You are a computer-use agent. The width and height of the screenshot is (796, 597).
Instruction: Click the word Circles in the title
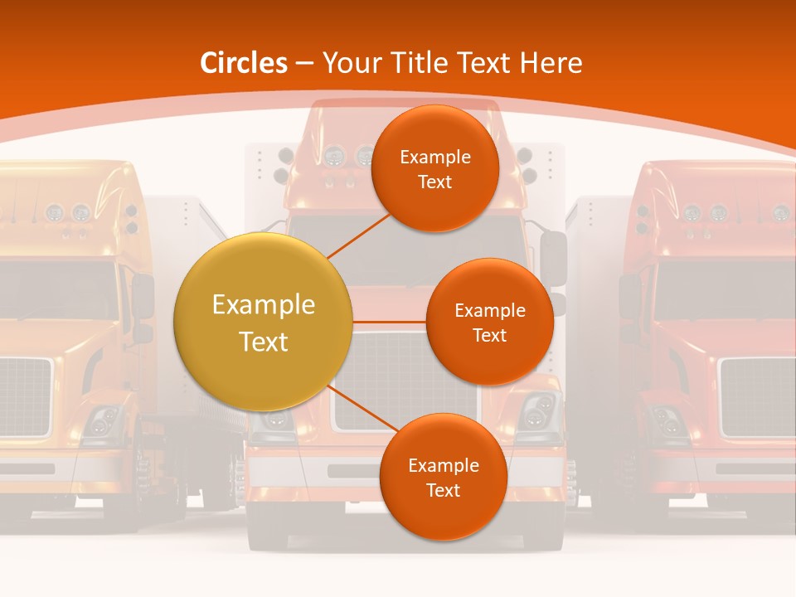pyautogui.click(x=244, y=63)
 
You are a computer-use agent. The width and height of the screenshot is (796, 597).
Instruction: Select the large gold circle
pyautogui.click(x=263, y=322)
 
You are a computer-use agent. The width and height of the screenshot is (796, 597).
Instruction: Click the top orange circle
pyautogui.click(x=434, y=168)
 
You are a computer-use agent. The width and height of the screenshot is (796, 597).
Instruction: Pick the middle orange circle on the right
pyautogui.click(x=489, y=322)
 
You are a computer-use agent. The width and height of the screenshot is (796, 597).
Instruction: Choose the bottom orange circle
pyautogui.click(x=443, y=477)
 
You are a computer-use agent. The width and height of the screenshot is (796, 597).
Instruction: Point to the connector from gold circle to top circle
pyautogui.click(x=358, y=235)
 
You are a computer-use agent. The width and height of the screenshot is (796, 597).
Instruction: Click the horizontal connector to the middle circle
pyautogui.click(x=389, y=322)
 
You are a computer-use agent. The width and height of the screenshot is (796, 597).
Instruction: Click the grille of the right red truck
pyautogui.click(x=757, y=396)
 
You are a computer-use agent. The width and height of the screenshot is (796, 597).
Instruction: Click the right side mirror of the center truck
pyautogui.click(x=553, y=257)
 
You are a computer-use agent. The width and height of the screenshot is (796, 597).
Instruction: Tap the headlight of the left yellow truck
pyautogui.click(x=103, y=421)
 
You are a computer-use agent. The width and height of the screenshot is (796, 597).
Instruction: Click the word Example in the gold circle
pyautogui.click(x=263, y=305)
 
